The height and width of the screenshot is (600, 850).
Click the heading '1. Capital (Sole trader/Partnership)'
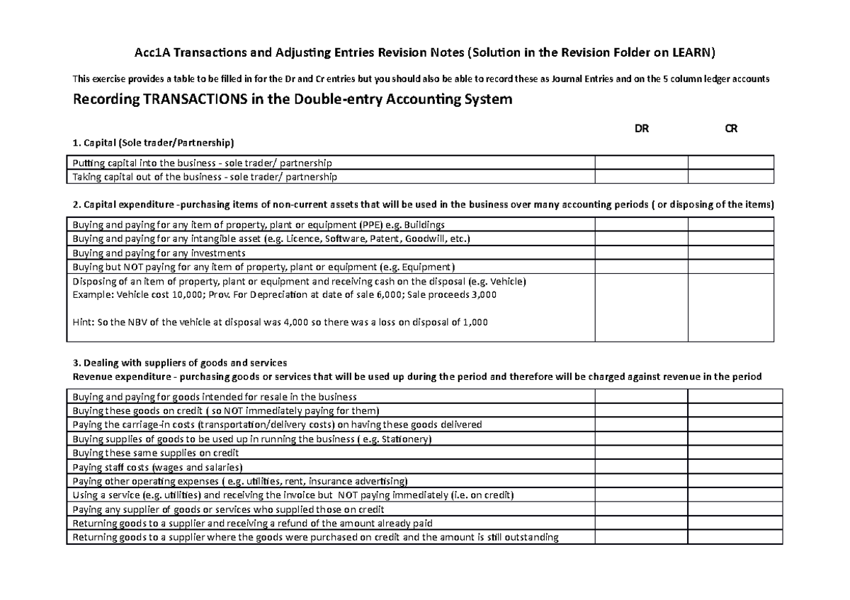152,143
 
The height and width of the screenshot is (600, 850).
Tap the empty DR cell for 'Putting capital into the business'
641,163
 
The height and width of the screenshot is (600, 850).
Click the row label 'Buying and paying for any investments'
159,253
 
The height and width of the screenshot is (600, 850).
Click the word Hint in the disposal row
82,322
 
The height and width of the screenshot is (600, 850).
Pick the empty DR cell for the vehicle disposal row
641,308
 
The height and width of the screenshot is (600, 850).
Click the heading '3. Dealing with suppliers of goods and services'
179,364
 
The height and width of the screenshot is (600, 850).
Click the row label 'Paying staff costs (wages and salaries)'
157,467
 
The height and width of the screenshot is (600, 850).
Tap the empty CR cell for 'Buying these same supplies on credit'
735,453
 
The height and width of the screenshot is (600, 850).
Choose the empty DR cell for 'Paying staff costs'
641,467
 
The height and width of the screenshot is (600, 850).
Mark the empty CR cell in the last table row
735,537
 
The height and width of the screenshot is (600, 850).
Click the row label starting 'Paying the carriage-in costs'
277,425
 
